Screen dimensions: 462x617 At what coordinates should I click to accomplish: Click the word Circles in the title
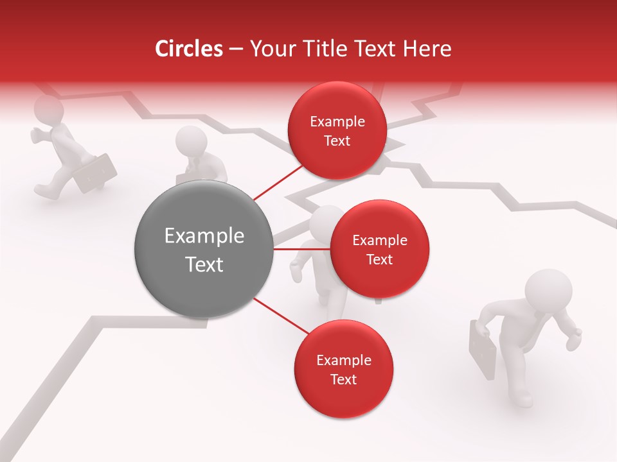coord(188,49)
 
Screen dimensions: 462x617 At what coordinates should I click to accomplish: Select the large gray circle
coord(204,249)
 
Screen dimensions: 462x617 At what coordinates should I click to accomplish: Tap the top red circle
coord(337,130)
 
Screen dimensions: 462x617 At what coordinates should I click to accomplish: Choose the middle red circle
coord(379,249)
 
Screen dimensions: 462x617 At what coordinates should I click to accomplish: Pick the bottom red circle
coord(343,369)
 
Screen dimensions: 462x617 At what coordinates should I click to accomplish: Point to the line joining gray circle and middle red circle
coord(301,248)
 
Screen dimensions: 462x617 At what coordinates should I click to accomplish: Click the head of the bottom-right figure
coord(548,289)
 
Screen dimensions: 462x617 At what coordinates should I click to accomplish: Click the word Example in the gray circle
coord(204,236)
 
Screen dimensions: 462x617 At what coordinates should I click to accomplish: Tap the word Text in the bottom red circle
coord(343,379)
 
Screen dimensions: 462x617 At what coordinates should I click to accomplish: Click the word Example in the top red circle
coord(337,121)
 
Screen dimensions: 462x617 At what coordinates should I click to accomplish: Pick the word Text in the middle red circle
coord(380,259)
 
